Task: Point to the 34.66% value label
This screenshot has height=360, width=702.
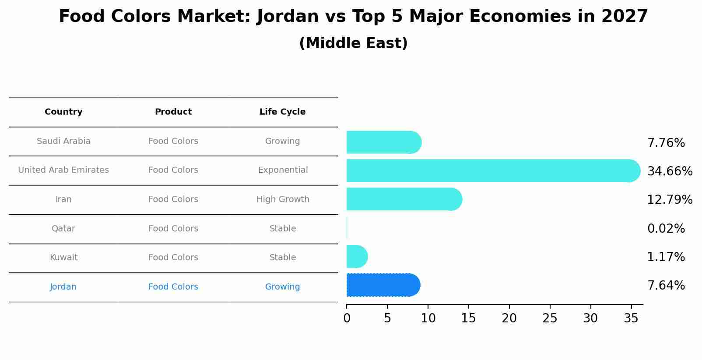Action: [670, 171]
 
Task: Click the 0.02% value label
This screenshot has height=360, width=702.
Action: [666, 228]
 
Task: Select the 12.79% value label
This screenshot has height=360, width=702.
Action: [670, 199]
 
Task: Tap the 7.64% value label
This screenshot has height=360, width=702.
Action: [666, 285]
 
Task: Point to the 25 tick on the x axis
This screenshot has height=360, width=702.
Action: [550, 318]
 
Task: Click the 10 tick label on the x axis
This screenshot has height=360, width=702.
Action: [428, 318]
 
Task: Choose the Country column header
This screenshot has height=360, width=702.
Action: [63, 112]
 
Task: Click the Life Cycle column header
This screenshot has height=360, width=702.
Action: [282, 112]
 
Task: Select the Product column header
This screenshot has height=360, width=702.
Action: [173, 112]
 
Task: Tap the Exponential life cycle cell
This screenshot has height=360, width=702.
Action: [283, 170]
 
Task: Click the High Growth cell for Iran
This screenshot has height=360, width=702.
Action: [283, 199]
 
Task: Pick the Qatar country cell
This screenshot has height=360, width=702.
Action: [63, 228]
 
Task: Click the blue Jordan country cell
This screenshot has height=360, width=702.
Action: [63, 287]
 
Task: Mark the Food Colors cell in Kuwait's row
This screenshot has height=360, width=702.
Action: [173, 257]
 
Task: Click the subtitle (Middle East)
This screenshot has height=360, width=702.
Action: [353, 43]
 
